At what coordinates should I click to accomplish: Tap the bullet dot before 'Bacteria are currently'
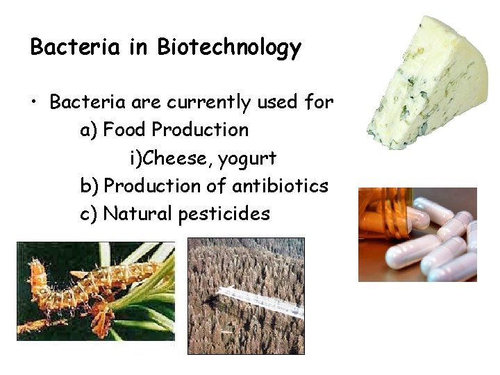click(x=34, y=103)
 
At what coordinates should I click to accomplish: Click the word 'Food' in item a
click(x=125, y=130)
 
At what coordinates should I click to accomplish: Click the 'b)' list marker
click(x=90, y=187)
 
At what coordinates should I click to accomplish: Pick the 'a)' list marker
click(x=90, y=131)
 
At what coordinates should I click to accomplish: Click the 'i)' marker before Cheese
click(x=135, y=158)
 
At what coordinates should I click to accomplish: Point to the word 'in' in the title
click(x=142, y=47)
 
